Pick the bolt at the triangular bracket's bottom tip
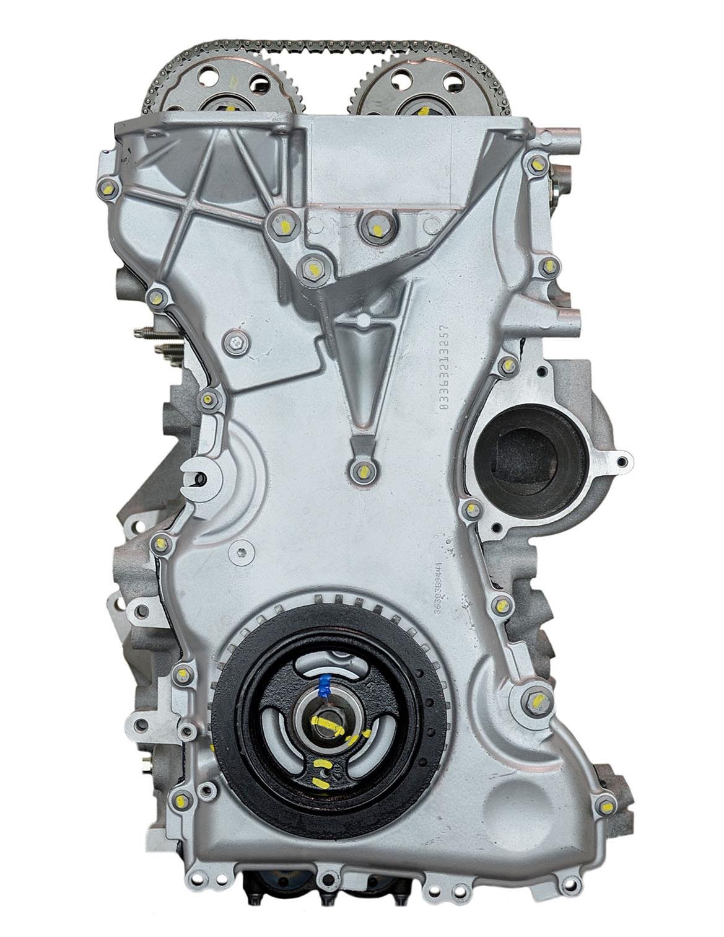tap(363, 471)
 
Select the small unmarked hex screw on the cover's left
tap(235, 341)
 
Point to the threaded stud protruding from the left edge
tap(144, 331)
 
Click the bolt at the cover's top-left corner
tap(109, 186)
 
